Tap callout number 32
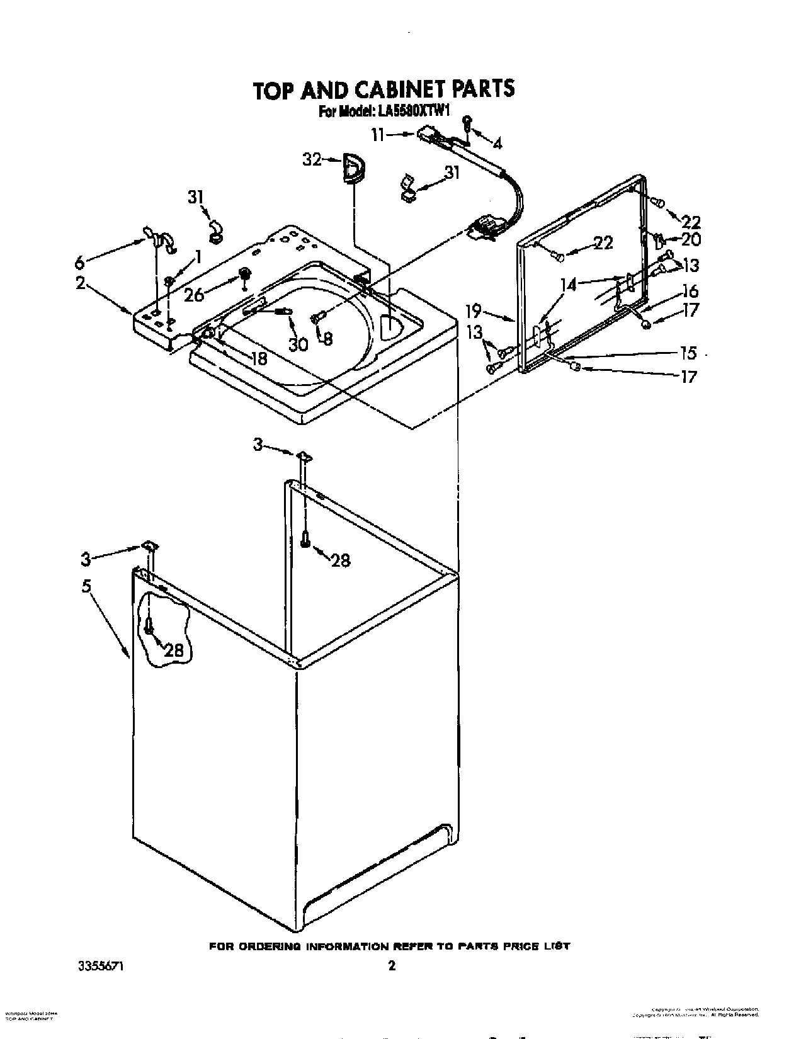point(312,160)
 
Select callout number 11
point(378,134)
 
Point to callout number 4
point(497,144)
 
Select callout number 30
point(298,344)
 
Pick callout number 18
point(259,358)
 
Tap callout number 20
point(691,239)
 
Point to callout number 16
point(691,291)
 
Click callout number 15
point(689,353)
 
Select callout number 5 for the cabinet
point(86,586)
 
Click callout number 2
point(81,283)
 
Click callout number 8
point(327,339)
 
